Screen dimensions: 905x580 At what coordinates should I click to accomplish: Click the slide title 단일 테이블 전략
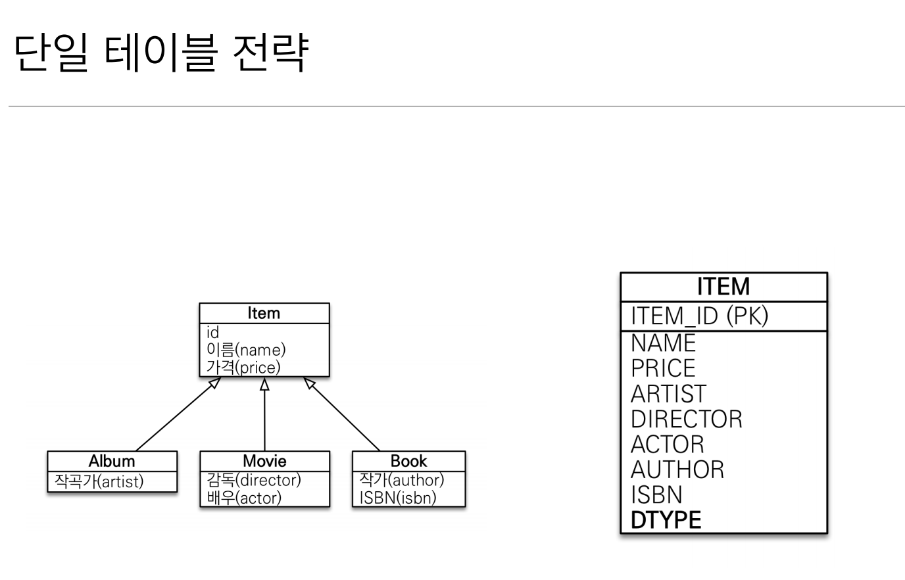(x=160, y=53)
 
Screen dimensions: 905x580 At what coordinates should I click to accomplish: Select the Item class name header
(x=264, y=314)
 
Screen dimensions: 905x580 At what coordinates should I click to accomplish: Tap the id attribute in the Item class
(x=213, y=333)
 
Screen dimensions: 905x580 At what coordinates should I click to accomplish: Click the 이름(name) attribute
(x=246, y=350)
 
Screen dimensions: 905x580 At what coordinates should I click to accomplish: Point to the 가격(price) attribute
(x=243, y=367)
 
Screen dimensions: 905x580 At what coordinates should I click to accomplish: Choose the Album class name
(x=112, y=461)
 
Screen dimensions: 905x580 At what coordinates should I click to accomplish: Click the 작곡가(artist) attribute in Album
(x=99, y=481)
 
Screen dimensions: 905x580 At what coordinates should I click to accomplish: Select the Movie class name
(x=264, y=461)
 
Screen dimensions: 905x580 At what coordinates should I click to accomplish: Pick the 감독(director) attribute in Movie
(x=254, y=481)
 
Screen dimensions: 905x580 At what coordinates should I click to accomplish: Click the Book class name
(x=408, y=461)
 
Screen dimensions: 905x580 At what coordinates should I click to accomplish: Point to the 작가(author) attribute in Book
(x=401, y=481)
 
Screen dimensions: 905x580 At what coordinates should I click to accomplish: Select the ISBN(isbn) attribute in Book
(x=398, y=498)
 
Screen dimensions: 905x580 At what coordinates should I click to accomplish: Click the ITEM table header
(x=723, y=287)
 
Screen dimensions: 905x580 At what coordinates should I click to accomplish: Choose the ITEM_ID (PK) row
(x=699, y=316)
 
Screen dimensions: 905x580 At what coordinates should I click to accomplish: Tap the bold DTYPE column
(x=666, y=520)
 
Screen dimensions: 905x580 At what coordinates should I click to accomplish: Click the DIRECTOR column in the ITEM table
(x=686, y=419)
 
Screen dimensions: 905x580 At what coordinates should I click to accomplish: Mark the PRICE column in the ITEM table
(x=663, y=368)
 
